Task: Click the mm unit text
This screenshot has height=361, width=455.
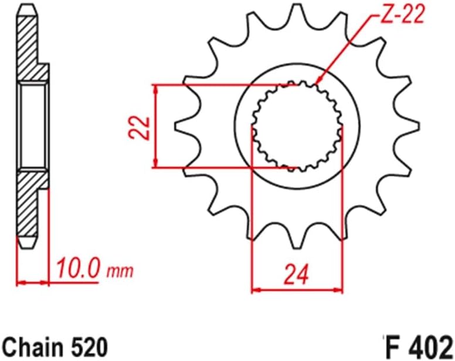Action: [120, 272]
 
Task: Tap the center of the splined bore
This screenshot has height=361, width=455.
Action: [297, 126]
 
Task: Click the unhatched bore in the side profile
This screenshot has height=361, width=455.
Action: [33, 126]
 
